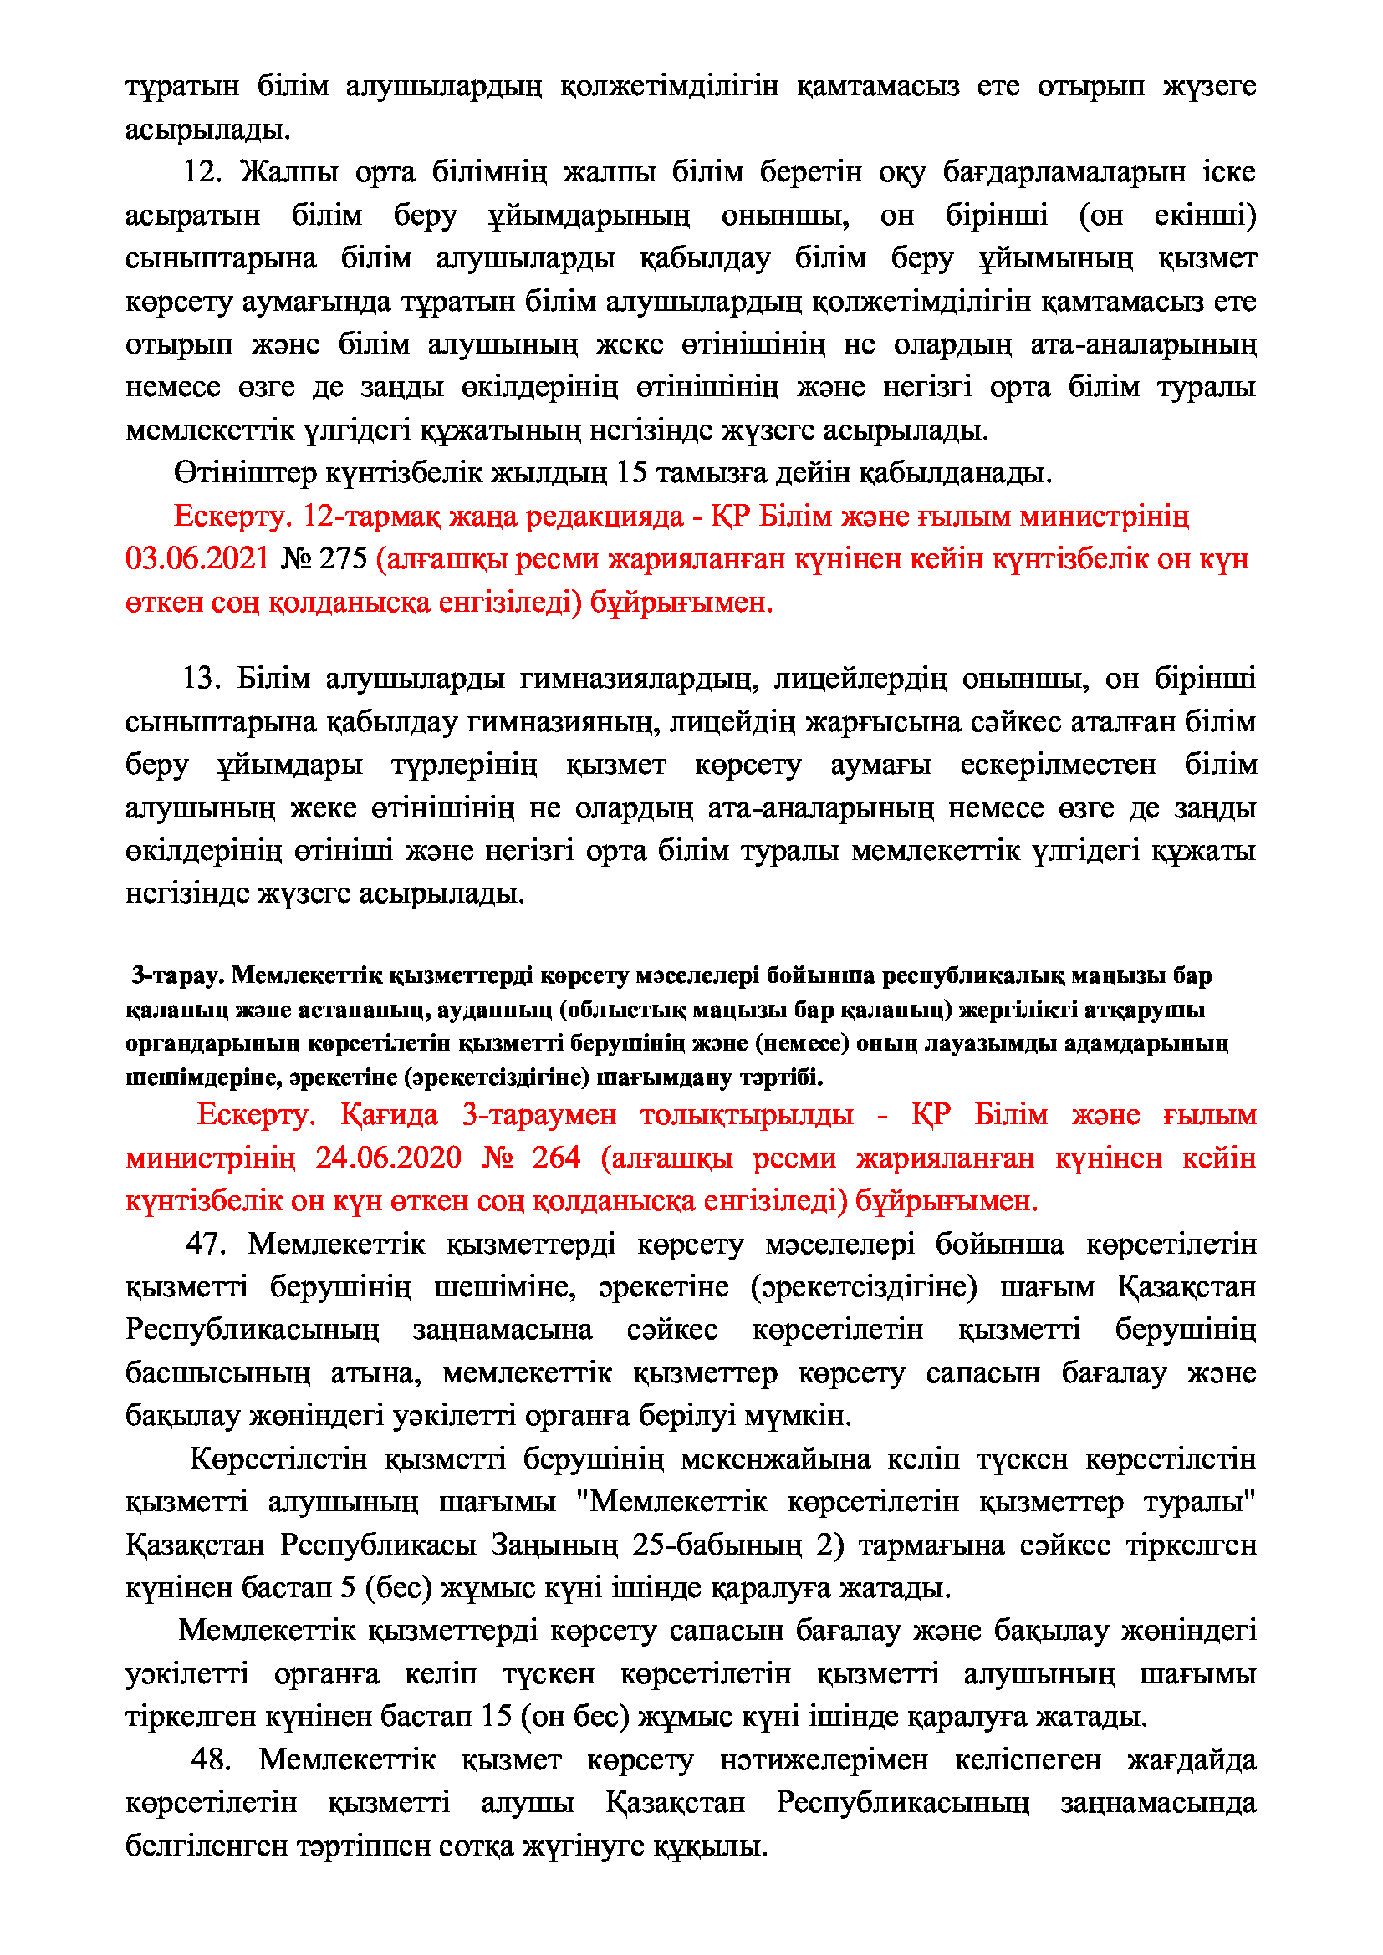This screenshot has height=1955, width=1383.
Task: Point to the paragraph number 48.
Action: click(x=211, y=1759)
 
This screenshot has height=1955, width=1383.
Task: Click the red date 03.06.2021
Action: click(x=196, y=558)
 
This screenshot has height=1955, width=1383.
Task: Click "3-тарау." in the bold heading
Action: click(x=177, y=975)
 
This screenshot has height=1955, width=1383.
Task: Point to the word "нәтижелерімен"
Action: click(x=823, y=1759)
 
